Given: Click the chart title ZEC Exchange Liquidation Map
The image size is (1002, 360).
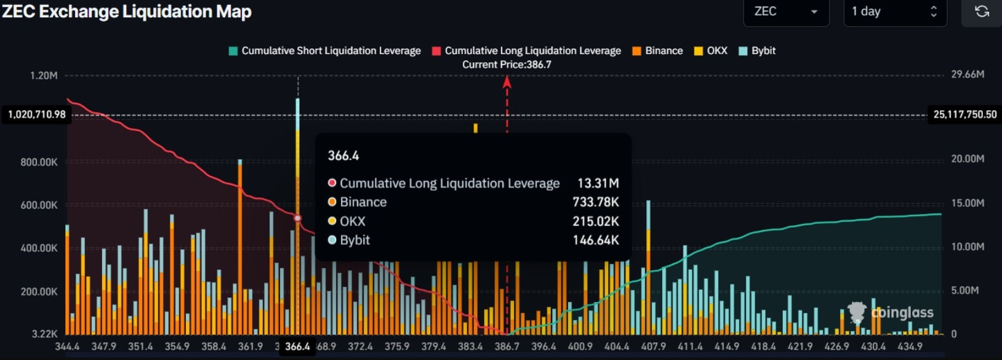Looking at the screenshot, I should click(127, 12).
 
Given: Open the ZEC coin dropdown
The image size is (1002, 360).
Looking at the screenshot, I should click(786, 12).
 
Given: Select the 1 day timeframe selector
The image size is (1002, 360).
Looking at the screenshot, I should click(894, 12).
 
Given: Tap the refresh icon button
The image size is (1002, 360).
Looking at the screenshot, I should click(982, 12).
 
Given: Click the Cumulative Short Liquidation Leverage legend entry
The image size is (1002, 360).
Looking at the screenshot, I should click(324, 51).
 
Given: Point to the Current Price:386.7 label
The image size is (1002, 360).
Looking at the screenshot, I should click(507, 65).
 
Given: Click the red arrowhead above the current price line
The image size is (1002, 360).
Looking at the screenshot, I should click(507, 82).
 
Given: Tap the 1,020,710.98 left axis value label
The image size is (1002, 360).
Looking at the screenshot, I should click(37, 114).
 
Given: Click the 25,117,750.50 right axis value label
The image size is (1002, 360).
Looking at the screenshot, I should click(964, 114).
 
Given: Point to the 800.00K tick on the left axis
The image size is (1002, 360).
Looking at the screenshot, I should click(39, 162).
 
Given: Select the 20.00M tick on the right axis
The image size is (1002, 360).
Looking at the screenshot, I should click(968, 159).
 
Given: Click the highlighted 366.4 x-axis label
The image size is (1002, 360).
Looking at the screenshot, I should click(297, 346).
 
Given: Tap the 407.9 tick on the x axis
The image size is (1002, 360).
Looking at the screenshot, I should click(653, 346).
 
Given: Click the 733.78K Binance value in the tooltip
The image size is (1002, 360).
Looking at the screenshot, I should click(595, 202).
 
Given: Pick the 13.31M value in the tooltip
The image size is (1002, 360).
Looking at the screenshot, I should click(598, 183).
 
